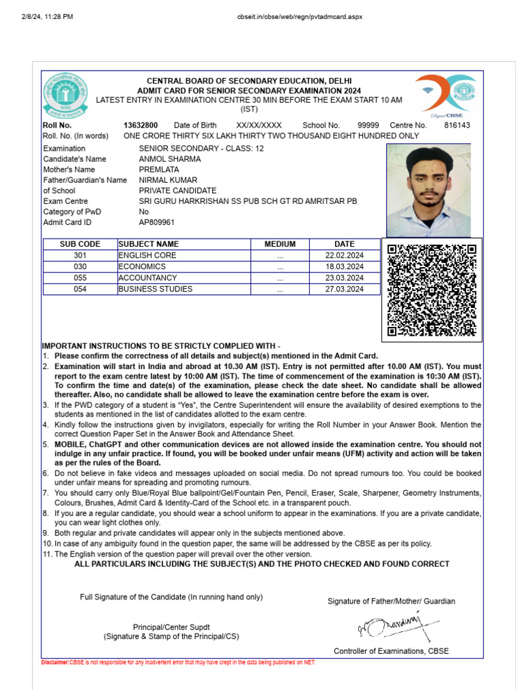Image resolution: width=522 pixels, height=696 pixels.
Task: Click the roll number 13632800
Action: (141, 125)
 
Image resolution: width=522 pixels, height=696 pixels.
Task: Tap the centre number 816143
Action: (457, 125)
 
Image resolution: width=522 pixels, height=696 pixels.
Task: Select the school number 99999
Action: (368, 125)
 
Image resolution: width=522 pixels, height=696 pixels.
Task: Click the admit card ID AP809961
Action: (156, 222)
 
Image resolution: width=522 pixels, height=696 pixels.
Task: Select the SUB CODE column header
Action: (80, 244)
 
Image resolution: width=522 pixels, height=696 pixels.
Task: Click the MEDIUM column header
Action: (280, 244)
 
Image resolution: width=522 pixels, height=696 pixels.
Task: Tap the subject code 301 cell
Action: (80, 256)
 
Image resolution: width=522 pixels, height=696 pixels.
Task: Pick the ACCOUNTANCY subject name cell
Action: (147, 278)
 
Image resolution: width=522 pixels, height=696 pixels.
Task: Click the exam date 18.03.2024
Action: (345, 267)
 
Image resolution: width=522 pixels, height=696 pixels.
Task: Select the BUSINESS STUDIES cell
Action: (155, 289)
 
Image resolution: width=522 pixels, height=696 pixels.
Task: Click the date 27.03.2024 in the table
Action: (345, 289)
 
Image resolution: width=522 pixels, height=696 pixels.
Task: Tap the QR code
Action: (432, 290)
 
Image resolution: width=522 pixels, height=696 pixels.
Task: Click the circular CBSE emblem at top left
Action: (66, 94)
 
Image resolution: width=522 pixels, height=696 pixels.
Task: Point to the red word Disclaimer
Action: (55, 662)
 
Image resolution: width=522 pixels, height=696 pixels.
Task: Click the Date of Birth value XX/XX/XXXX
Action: (258, 125)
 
